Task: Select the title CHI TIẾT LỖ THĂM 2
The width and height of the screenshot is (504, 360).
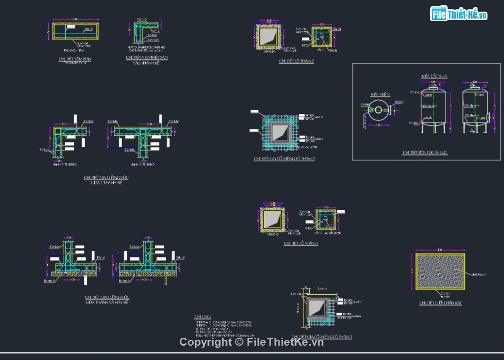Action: click(x=297, y=61)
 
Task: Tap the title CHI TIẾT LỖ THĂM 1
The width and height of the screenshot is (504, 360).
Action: click(x=301, y=243)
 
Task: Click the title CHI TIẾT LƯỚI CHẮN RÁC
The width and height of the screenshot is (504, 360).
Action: click(x=440, y=303)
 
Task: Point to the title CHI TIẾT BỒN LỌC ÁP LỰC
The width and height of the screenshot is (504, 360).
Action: click(x=425, y=153)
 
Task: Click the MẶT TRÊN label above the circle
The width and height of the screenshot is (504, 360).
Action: click(x=380, y=94)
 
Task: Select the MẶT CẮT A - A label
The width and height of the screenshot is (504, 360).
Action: click(x=435, y=76)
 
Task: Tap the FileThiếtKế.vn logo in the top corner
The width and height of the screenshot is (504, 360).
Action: click(x=459, y=14)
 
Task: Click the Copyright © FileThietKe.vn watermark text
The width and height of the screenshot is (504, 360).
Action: click(x=251, y=342)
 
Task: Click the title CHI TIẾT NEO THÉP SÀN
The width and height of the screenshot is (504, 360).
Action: click(x=147, y=57)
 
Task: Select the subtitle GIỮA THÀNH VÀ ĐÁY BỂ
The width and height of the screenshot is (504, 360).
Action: click(x=107, y=302)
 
